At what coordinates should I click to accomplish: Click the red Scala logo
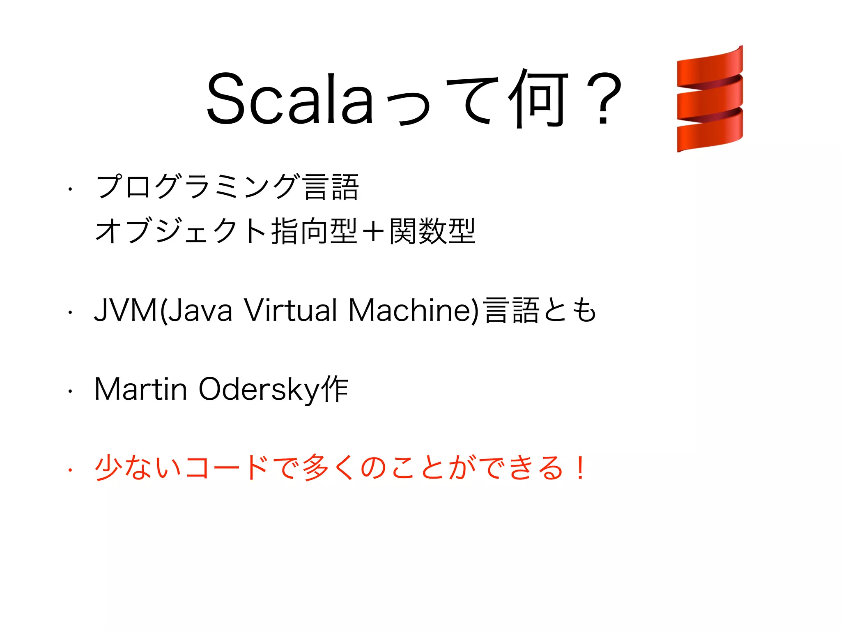pyautogui.click(x=710, y=99)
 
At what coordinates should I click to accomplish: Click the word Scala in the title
pyautogui.click(x=290, y=99)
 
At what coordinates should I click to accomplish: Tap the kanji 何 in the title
pyautogui.click(x=538, y=99)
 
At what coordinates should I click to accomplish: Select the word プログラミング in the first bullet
pyautogui.click(x=197, y=187)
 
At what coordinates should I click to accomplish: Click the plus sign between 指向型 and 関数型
pyautogui.click(x=373, y=231)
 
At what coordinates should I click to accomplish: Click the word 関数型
pyautogui.click(x=432, y=231)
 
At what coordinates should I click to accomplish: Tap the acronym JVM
pyautogui.click(x=126, y=311)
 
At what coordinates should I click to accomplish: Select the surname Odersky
pyautogui.click(x=259, y=390)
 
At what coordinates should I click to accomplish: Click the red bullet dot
pyautogui.click(x=70, y=470)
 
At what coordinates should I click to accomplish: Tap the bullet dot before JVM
pyautogui.click(x=70, y=313)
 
